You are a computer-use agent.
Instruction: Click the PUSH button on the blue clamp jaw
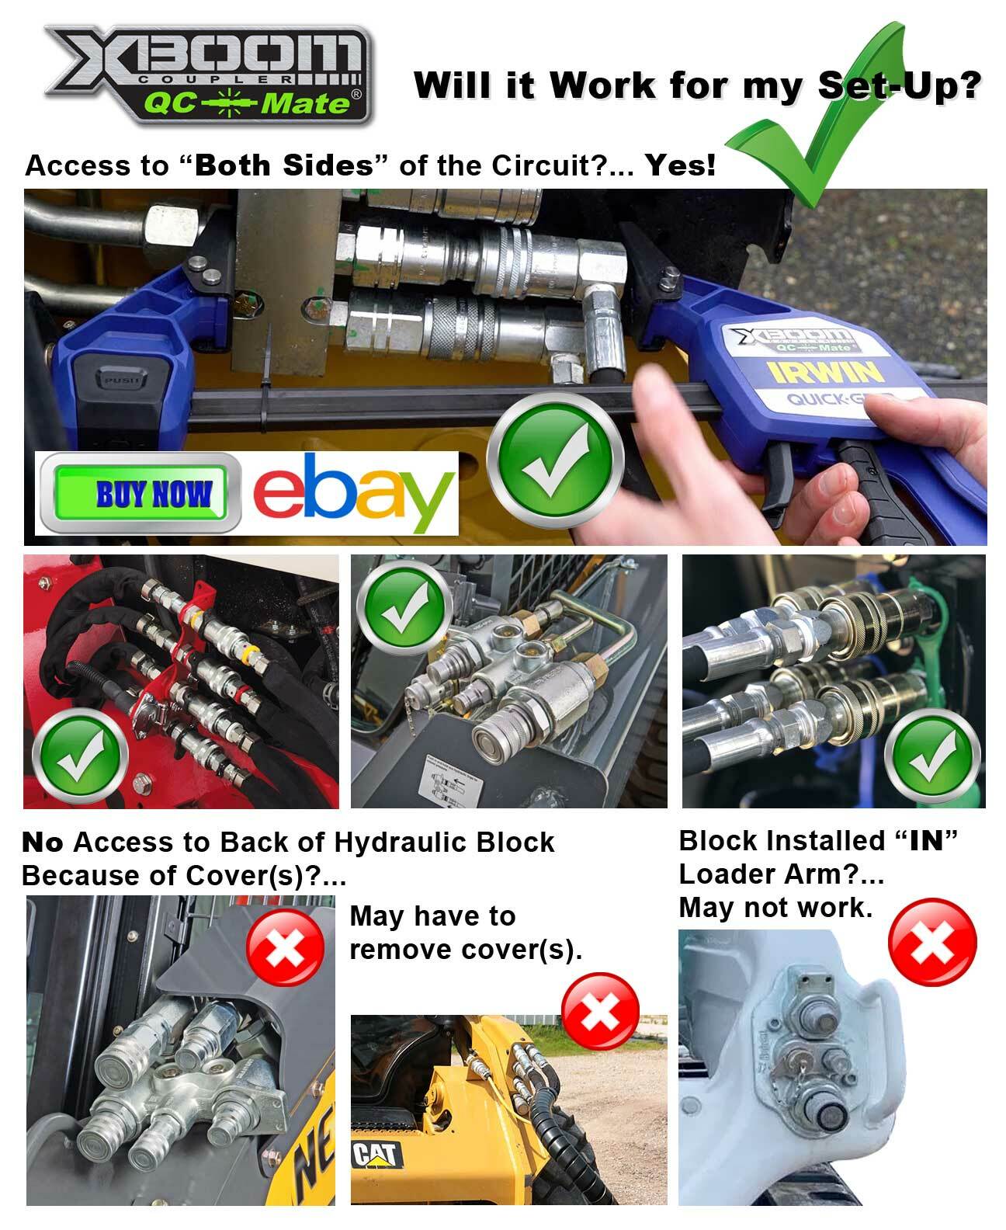tap(116, 381)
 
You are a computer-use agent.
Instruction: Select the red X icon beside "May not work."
tap(932, 943)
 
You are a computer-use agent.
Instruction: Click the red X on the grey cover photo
tap(284, 948)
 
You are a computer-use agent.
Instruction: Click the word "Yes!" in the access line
tap(681, 165)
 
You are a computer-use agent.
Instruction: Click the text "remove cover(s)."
tap(466, 949)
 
